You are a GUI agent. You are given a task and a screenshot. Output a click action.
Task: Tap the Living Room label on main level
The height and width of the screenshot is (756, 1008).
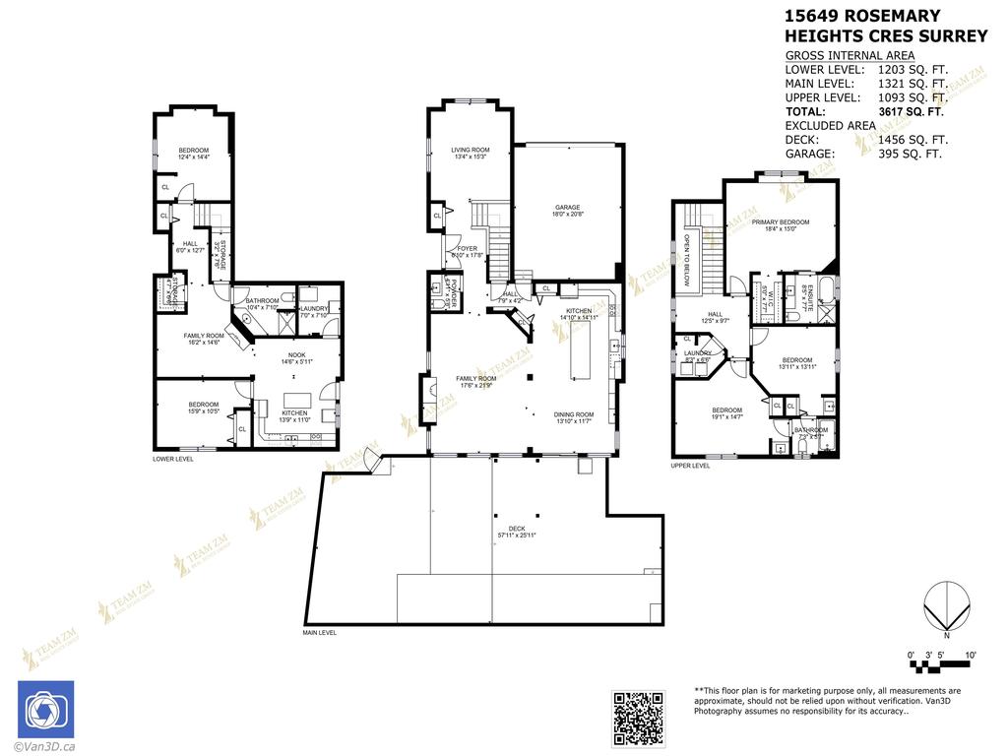coord(471,150)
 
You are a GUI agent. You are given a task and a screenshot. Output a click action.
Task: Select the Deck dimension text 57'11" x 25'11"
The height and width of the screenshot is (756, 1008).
coord(517,535)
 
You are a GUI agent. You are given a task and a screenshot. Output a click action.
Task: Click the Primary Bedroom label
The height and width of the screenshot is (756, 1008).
coord(780,222)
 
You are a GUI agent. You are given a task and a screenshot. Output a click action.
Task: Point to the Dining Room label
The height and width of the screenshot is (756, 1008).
coord(575,414)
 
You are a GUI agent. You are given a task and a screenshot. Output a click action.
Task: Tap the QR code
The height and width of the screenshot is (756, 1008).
coord(637,719)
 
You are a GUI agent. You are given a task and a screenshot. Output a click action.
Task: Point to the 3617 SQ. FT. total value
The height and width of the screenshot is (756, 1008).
coord(911,112)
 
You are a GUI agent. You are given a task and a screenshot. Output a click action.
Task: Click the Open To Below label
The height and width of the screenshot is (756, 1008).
coord(689,257)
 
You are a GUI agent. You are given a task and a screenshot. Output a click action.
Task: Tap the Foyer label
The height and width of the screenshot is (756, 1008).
coord(463,248)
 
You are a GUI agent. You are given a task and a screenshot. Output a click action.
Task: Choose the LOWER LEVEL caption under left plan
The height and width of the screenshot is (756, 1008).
coord(173,459)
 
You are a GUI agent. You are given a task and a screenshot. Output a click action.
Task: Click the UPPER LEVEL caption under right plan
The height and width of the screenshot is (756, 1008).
coord(690,466)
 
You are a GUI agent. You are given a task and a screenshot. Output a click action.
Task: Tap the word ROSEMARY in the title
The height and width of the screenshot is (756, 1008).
coord(890,16)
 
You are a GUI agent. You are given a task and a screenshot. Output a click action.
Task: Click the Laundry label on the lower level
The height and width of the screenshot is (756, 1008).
coord(314,308)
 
